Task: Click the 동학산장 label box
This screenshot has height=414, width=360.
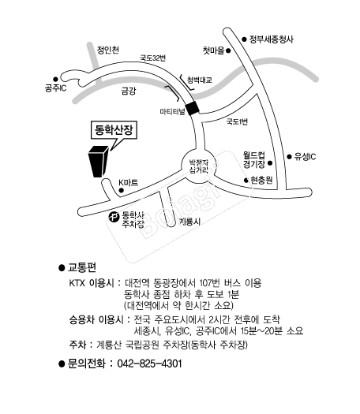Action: click(114, 130)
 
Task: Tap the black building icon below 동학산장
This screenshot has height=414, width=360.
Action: click(98, 162)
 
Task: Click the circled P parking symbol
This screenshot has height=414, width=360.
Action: click(114, 218)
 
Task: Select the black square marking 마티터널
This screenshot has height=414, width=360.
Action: click(192, 108)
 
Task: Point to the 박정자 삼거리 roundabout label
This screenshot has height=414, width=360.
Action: click(199, 166)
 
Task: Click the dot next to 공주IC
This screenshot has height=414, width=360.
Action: click(55, 79)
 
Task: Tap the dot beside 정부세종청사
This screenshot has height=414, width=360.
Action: click(245, 39)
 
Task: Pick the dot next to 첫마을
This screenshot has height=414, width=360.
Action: click(228, 50)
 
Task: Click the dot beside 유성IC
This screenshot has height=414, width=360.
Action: click(290, 157)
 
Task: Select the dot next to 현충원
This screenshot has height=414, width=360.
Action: click(246, 181)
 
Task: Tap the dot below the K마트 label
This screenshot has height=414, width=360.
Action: click(122, 190)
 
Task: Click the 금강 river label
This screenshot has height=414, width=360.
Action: click(129, 91)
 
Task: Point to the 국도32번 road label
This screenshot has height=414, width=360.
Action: click(153, 58)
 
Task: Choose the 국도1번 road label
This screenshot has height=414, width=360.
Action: click(237, 121)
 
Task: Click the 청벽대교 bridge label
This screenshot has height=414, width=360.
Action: click(200, 80)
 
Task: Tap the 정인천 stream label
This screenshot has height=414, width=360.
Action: click(108, 50)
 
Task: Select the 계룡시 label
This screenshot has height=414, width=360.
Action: click(189, 222)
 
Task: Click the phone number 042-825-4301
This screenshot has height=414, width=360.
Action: click(149, 364)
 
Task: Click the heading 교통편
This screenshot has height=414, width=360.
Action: click(82, 267)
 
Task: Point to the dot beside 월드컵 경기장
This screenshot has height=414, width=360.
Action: click(270, 163)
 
